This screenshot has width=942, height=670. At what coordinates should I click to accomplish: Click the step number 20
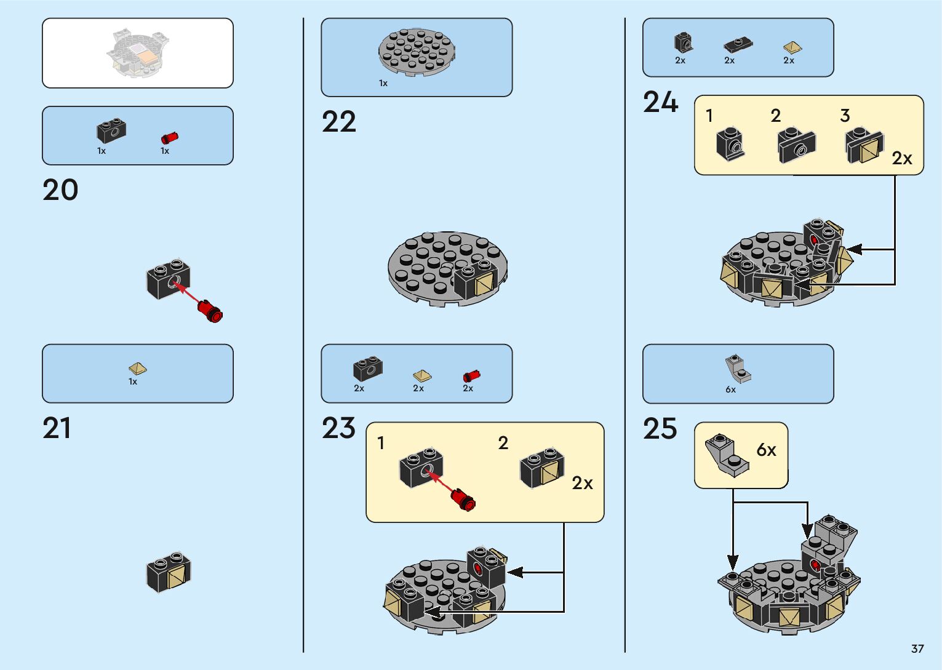(60, 189)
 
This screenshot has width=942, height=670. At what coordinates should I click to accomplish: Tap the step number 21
(57, 428)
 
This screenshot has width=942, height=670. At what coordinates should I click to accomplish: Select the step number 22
(339, 122)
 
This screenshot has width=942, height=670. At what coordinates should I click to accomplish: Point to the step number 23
(338, 428)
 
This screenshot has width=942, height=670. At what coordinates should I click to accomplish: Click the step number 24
(660, 102)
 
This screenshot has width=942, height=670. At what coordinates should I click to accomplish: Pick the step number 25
(660, 429)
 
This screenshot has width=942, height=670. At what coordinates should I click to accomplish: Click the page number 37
(917, 648)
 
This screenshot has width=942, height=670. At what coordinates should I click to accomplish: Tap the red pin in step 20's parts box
(169, 138)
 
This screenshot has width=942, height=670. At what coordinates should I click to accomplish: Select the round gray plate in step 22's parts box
(417, 52)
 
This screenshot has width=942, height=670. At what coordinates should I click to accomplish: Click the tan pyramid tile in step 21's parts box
(137, 369)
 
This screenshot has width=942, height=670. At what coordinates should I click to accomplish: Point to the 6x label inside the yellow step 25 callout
(766, 450)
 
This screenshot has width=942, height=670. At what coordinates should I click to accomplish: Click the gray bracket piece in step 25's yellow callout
(727, 455)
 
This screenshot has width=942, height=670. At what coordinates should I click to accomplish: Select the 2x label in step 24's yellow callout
(902, 159)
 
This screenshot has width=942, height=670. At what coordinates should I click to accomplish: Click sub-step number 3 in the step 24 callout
(845, 115)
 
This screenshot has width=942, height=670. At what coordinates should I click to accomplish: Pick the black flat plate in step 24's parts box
(738, 44)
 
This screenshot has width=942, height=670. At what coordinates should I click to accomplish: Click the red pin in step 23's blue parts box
(471, 375)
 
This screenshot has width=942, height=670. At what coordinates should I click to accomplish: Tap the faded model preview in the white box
(138, 52)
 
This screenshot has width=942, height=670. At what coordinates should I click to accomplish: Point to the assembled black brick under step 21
(169, 572)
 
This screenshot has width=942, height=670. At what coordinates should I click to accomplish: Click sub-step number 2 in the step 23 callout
(503, 443)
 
